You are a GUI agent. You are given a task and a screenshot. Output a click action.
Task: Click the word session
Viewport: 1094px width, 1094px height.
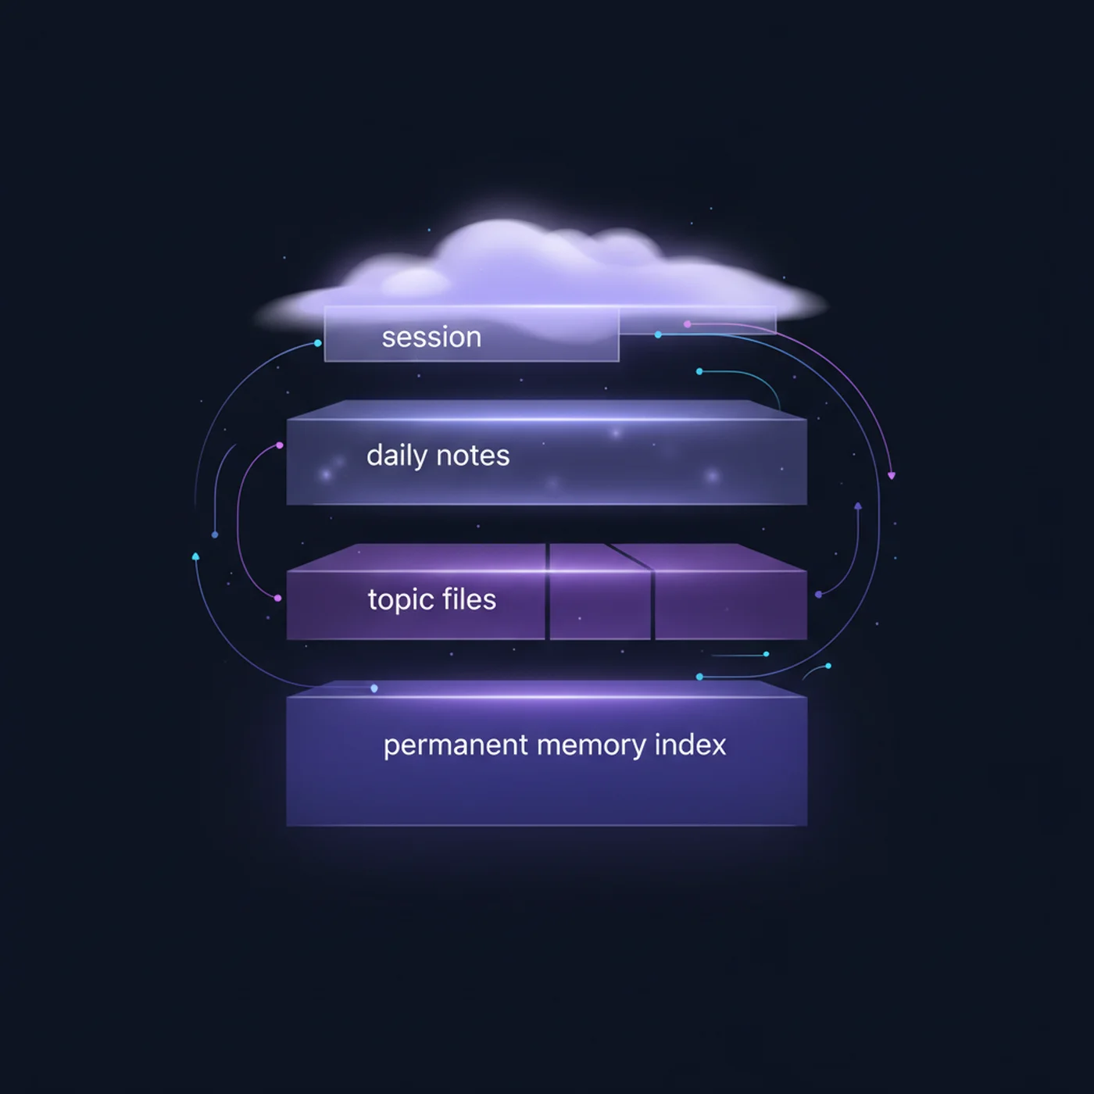coord(431,338)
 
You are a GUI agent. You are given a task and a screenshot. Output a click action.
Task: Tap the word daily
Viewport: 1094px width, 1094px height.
coord(396,456)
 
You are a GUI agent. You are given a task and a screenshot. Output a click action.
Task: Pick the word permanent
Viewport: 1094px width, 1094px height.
coord(456,746)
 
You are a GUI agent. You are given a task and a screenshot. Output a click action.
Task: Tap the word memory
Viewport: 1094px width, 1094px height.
coord(591,746)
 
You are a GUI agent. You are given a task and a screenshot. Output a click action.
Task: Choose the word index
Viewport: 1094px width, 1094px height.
coord(690,744)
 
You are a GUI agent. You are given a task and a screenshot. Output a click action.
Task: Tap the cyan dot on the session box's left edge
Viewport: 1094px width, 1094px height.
coord(318,343)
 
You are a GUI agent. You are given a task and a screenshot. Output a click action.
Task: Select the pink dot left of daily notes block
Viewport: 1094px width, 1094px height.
coord(279,445)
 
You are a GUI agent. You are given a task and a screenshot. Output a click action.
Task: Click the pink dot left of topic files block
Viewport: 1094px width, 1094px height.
coord(277,598)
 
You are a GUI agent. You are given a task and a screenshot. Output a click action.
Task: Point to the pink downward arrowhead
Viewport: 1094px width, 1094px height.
coord(892,476)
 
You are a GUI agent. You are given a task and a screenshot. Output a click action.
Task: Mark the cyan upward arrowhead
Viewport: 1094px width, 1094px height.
coord(196,556)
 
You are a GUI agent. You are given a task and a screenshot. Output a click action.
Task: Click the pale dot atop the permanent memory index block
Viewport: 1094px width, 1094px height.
coord(374,688)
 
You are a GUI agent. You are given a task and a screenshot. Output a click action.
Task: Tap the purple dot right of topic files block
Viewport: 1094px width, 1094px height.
coord(818,595)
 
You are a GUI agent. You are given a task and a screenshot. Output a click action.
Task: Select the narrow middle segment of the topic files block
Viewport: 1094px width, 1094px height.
coord(600,592)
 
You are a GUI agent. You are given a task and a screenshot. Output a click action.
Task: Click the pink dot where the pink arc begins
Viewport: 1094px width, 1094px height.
coord(688,324)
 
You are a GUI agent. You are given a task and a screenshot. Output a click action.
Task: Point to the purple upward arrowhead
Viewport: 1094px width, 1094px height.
coord(858,506)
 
